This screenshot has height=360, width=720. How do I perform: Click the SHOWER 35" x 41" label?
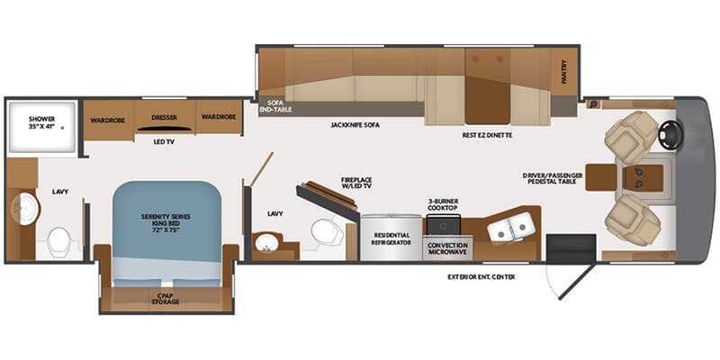[41, 123]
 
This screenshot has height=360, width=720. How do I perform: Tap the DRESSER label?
[164, 117]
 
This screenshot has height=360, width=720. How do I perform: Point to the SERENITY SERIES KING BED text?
[166, 222]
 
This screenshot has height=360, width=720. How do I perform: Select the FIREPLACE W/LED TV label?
[356, 183]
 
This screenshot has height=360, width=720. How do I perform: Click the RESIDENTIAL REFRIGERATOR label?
[391, 238]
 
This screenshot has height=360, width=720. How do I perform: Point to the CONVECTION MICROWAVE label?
[447, 247]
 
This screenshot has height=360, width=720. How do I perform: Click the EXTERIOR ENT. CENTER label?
[481, 276]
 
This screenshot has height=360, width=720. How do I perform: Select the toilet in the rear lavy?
[59, 239]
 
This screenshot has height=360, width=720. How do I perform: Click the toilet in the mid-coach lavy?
[324, 232]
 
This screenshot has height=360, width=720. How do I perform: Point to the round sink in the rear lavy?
[25, 211]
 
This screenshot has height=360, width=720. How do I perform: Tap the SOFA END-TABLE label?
[272, 107]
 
